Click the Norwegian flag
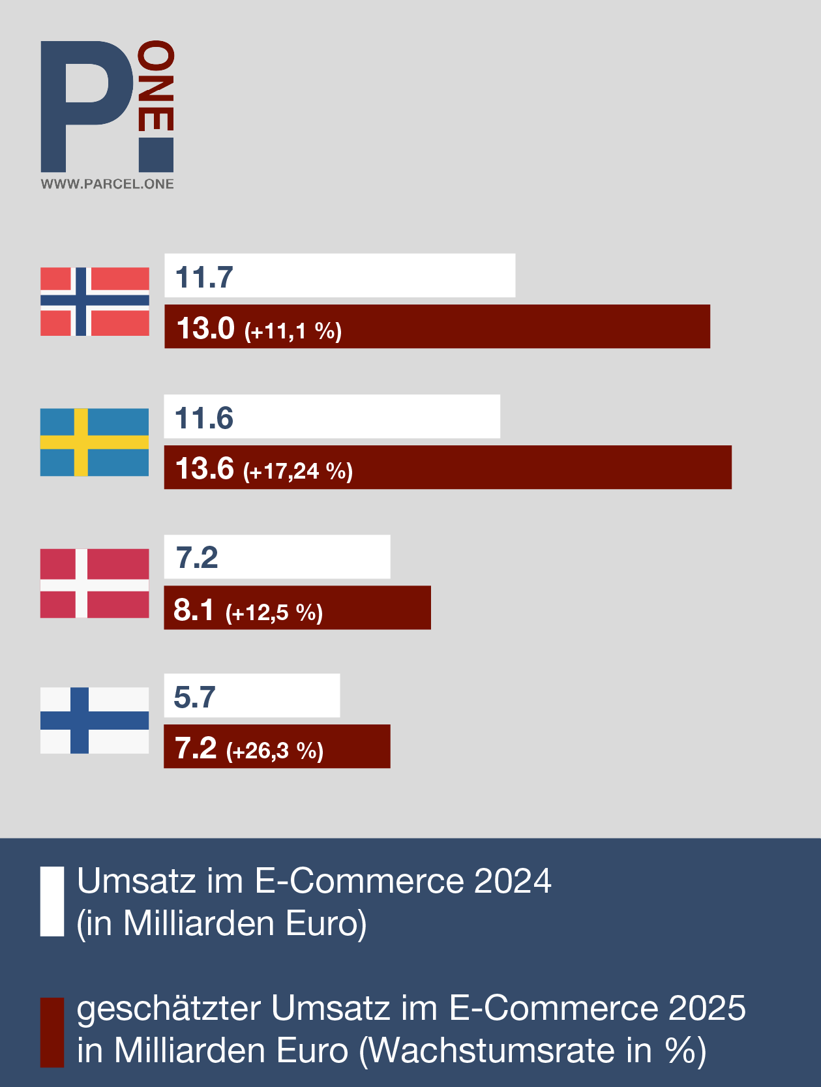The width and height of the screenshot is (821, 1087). (95, 301)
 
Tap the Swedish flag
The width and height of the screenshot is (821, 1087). (95, 442)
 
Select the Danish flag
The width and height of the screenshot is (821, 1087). (95, 583)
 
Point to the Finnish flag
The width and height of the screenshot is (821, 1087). (95, 721)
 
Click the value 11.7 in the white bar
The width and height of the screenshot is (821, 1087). (204, 277)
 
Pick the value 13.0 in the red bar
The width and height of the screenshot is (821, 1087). (205, 327)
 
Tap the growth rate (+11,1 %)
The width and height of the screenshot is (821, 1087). (293, 331)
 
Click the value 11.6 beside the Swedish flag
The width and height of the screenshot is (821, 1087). (204, 418)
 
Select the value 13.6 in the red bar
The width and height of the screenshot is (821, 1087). (205, 468)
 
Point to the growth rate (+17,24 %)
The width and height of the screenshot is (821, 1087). (298, 471)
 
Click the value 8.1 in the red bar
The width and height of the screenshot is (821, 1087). (194, 610)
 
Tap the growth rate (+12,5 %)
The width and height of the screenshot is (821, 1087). (274, 612)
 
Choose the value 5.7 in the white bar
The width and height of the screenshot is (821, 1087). (194, 697)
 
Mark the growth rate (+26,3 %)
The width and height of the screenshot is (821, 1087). (275, 751)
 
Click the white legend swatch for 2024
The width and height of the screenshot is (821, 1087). (52, 901)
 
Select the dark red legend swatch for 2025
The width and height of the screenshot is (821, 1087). (52, 1032)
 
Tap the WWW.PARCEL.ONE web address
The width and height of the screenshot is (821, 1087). (107, 184)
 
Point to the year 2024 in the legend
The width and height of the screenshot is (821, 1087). (513, 881)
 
